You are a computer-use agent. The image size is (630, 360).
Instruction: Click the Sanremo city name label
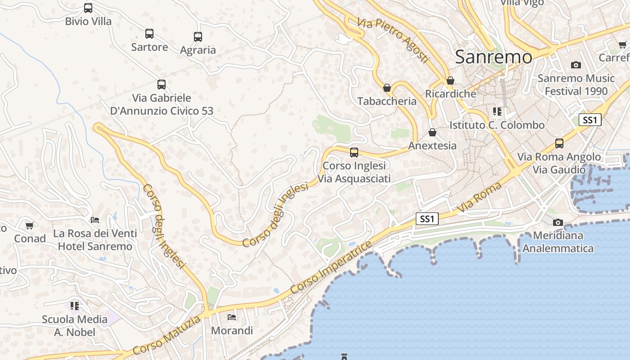(x=494, y=57)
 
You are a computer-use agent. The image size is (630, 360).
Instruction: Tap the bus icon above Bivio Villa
(x=88, y=8)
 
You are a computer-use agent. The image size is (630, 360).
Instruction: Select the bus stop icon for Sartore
(x=149, y=34)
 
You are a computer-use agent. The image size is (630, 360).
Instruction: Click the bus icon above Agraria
(x=198, y=37)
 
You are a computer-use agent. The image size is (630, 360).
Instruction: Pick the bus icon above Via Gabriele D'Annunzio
(x=162, y=84)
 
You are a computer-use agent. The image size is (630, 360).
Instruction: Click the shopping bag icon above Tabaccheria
(x=387, y=88)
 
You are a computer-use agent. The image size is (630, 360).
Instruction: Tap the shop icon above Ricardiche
(x=450, y=81)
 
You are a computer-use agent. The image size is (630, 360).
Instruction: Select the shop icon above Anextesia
(x=432, y=132)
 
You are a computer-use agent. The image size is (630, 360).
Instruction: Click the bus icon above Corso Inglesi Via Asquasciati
(x=354, y=153)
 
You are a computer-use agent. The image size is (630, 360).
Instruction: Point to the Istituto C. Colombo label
(x=497, y=125)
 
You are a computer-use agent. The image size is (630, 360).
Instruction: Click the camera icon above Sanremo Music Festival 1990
(x=576, y=65)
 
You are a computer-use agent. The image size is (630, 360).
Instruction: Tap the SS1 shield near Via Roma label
(x=427, y=219)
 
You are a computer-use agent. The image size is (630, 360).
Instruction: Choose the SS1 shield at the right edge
(x=590, y=120)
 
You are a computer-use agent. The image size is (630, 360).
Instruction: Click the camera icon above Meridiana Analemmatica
(x=558, y=222)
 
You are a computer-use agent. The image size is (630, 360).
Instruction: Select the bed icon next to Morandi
(x=232, y=317)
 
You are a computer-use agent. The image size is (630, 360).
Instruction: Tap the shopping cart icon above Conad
(x=30, y=225)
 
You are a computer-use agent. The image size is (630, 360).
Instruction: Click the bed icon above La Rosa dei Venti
(x=95, y=220)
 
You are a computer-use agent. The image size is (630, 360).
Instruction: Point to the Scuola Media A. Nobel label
(x=75, y=326)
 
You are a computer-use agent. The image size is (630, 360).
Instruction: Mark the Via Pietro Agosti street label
(x=393, y=40)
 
